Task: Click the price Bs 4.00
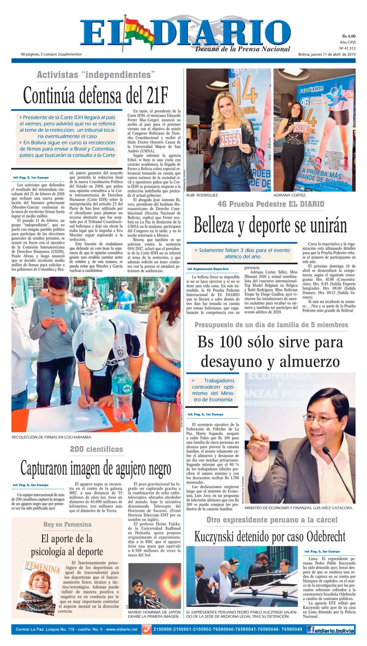click(348, 36)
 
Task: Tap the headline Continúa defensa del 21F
click(96, 95)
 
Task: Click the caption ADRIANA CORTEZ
click(290, 195)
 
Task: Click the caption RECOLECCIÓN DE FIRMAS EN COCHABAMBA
click(51, 437)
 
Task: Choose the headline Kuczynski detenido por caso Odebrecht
click(270, 536)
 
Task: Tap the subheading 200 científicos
click(96, 449)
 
